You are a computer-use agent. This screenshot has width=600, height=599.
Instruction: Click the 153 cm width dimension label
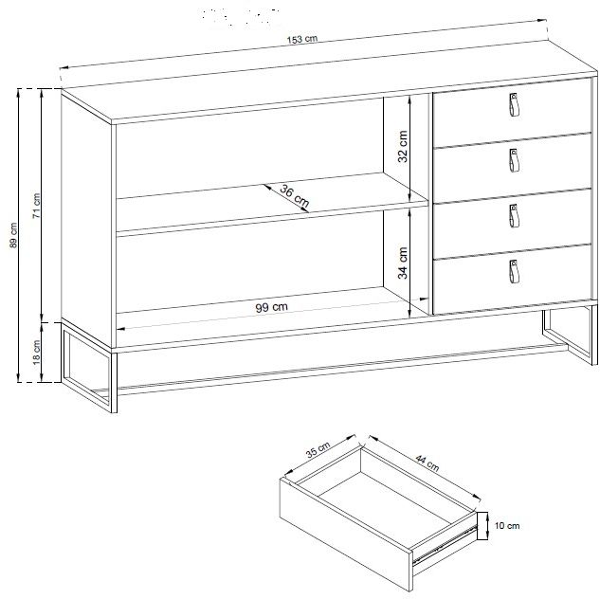click(x=302, y=39)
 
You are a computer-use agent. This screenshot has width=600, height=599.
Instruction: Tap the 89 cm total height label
click(x=13, y=235)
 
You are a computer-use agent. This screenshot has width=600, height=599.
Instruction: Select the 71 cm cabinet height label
click(x=36, y=206)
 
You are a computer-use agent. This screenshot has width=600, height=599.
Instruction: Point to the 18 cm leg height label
click(x=36, y=353)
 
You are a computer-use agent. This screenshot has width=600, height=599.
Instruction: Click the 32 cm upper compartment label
click(x=403, y=147)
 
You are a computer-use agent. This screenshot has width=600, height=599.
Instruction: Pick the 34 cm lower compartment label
click(x=403, y=263)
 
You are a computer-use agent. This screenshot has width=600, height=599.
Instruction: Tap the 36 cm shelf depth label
click(x=294, y=196)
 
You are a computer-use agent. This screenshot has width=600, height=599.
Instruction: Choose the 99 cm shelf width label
click(x=271, y=307)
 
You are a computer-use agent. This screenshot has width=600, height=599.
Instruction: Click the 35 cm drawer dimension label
click(x=318, y=449)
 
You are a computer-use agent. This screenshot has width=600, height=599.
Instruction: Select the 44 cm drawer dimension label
click(x=427, y=463)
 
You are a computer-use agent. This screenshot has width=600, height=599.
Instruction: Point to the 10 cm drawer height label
click(x=507, y=526)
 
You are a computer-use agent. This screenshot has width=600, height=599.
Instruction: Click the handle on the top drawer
click(x=514, y=104)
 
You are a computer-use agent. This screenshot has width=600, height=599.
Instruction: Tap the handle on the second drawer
click(x=514, y=160)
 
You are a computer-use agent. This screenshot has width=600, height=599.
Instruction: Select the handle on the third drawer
click(x=514, y=216)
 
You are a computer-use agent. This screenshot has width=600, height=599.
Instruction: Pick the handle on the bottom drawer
click(x=514, y=272)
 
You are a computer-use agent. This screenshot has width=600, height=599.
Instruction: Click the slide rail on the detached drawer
click(x=445, y=542)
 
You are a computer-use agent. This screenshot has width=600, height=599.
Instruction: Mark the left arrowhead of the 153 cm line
click(x=64, y=67)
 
